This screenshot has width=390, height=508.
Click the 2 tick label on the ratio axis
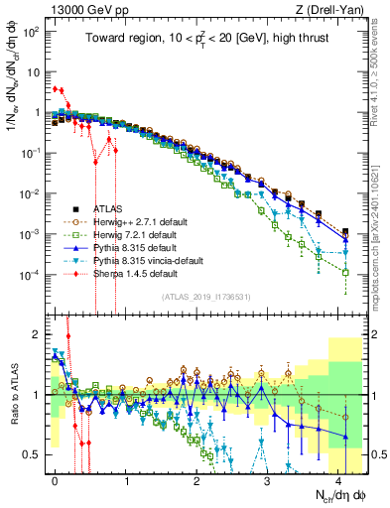[x=35, y=332]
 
